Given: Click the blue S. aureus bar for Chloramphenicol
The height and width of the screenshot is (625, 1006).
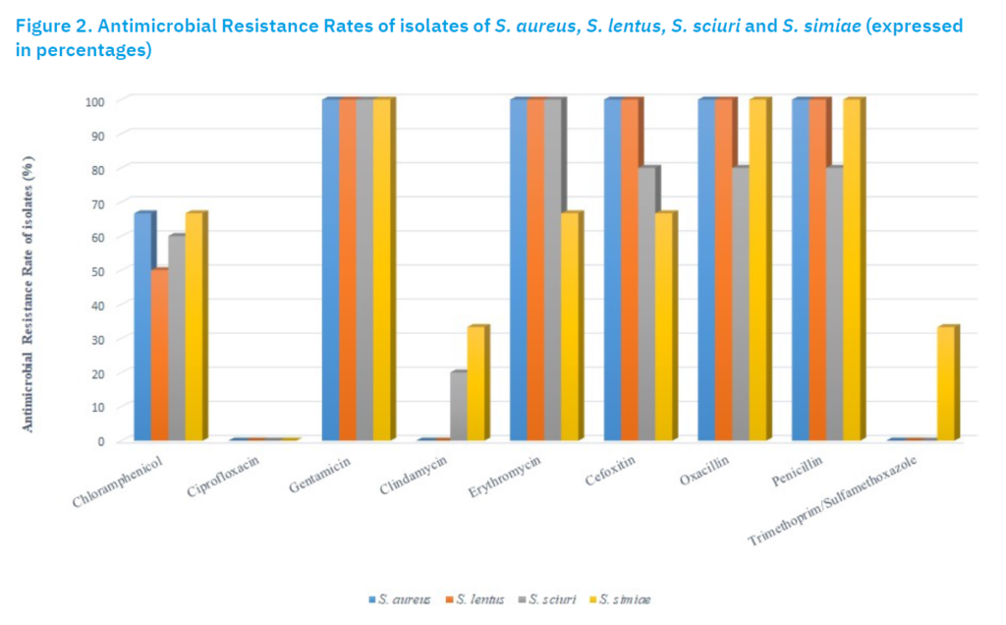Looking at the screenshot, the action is point(143,326).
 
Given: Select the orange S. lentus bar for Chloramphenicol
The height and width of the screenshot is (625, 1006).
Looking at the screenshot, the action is point(160,354).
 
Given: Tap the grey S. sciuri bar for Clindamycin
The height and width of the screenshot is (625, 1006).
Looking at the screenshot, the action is point(459,406).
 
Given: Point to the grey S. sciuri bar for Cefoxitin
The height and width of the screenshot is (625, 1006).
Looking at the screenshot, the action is point(646,304).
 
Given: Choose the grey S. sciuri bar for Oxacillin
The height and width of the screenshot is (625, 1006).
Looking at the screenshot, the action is point(741,304).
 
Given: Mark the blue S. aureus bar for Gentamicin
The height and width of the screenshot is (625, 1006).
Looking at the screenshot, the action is point(330,269).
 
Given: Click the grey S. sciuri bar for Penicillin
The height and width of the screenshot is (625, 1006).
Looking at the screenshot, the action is point(835,304).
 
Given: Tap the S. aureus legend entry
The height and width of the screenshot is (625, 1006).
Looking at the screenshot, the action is point(400,599).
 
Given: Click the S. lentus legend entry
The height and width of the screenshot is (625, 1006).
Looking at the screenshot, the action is point(475,599).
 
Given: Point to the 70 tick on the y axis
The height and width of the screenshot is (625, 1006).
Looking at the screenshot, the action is point(97,202).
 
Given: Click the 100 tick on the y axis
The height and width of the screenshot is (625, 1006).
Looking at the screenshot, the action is point(95,101).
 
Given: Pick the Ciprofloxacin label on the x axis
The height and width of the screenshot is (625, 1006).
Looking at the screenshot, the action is point(223,476).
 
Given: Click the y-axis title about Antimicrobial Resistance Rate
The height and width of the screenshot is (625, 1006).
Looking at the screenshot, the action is point(28,294).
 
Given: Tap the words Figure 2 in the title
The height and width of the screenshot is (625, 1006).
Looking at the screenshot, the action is point(53,26).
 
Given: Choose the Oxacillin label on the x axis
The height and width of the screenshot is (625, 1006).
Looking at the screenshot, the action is point(704,471).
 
